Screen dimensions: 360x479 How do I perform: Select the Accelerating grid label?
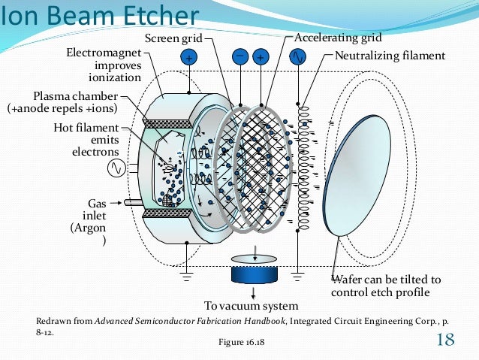click(x=338, y=38)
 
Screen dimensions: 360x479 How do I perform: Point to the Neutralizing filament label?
click(x=390, y=56)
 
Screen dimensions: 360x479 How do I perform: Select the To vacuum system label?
click(x=251, y=306)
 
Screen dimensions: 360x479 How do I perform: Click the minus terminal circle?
click(x=239, y=56)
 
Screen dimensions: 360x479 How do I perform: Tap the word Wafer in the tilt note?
click(x=347, y=280)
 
